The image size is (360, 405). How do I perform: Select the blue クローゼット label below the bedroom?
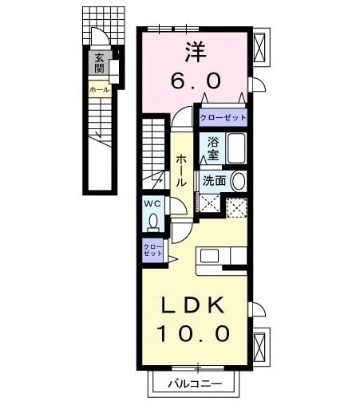[x=222, y=116]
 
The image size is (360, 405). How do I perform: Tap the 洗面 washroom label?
[x=213, y=180]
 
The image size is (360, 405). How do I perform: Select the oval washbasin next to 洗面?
[x=237, y=180]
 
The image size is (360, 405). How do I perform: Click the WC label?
[x=152, y=203]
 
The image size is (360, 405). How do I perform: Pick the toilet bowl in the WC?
[x=152, y=224]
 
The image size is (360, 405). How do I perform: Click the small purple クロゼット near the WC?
[x=150, y=251]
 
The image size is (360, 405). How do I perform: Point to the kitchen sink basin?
[x=209, y=256]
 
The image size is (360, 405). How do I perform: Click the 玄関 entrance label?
[x=101, y=64]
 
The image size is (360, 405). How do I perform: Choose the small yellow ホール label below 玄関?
[x=99, y=90]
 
